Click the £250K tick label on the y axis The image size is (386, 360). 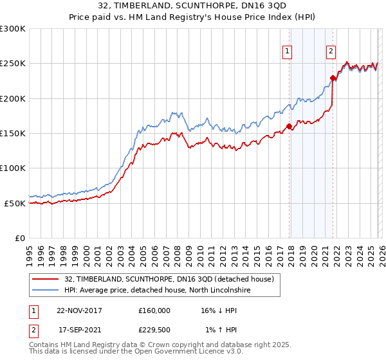point(13,64)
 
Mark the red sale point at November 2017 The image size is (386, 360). point(289,127)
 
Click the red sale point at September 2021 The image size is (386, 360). point(333,78)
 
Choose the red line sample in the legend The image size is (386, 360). point(46,279)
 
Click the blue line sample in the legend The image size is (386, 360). point(46,290)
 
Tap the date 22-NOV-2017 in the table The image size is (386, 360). point(79,310)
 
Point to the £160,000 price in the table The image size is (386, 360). point(154,310)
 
